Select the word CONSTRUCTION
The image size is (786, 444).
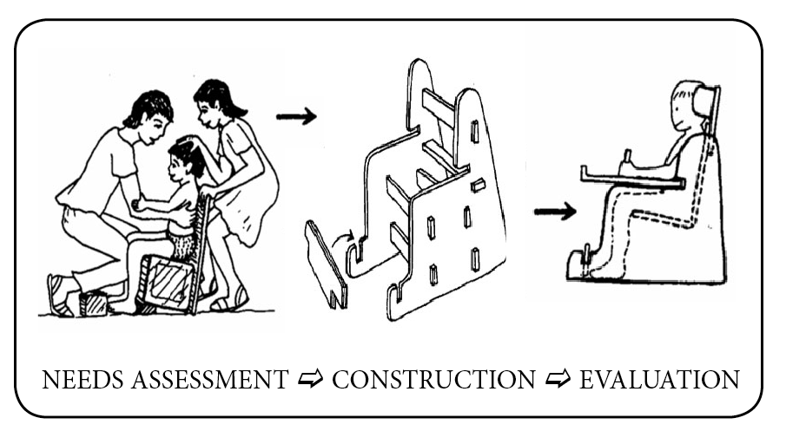(x=433, y=380)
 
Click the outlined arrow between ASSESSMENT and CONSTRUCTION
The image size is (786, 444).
(x=309, y=380)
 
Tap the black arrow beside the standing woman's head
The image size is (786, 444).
(x=297, y=115)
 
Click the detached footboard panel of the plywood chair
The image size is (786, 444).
(x=326, y=264)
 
